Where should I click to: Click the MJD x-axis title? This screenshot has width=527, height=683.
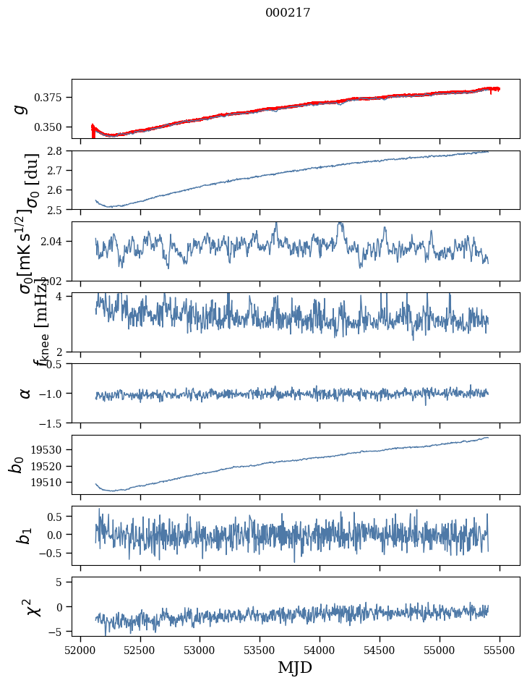tap(295, 667)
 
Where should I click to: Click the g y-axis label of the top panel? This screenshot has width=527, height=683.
tap(22, 109)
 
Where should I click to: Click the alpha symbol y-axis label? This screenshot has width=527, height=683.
tap(25, 393)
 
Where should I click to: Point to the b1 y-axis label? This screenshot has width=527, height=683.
tap(25, 535)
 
